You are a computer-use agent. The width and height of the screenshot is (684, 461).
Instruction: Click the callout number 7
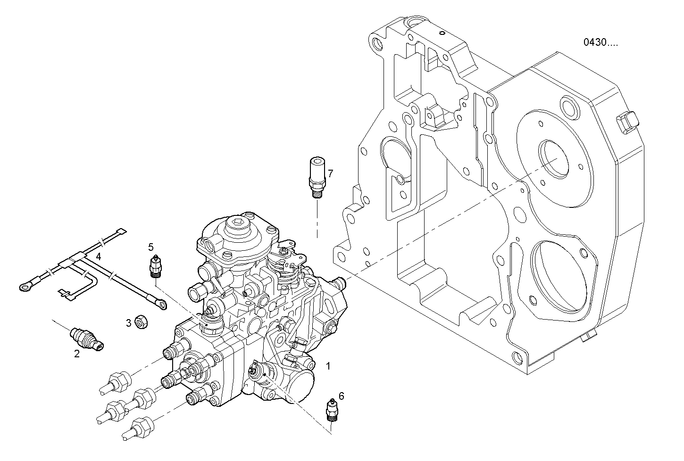point(330,173)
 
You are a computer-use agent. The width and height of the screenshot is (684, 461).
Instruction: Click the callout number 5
point(151,247)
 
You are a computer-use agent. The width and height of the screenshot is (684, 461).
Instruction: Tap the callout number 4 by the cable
point(98,257)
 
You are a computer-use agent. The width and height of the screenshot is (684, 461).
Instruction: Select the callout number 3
point(128,323)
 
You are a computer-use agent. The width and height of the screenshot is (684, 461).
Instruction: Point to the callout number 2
point(77,354)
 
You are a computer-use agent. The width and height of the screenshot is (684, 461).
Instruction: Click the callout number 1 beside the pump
point(328,365)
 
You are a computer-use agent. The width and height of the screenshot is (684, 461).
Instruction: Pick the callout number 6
point(341,396)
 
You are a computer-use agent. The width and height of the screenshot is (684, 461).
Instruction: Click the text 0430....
point(600,42)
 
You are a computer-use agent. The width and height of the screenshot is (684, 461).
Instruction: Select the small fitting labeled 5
point(154,266)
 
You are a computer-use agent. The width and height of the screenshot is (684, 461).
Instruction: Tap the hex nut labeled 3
point(140,322)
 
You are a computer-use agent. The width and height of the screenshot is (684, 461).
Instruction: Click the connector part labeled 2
point(86,339)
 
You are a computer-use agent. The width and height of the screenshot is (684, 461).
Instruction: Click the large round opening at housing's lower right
point(560,271)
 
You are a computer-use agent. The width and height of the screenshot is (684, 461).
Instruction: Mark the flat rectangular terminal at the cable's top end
point(122,232)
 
